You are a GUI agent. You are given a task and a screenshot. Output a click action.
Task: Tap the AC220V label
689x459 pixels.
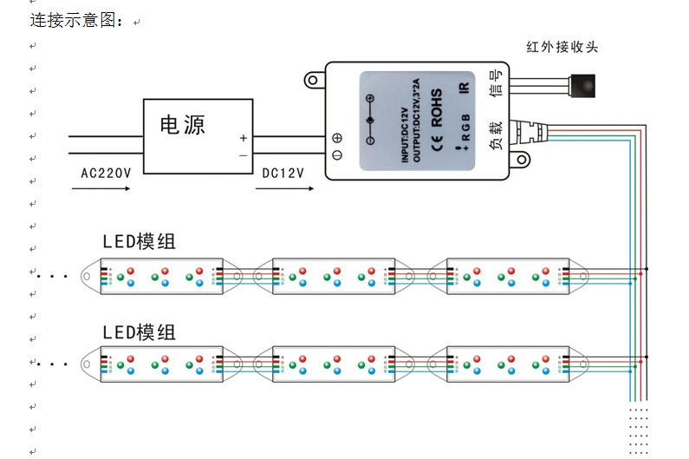tap(106, 173)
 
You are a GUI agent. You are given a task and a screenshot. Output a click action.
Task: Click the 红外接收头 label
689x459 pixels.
tap(562, 47)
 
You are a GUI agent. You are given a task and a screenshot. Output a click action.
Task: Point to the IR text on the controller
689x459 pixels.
tap(464, 89)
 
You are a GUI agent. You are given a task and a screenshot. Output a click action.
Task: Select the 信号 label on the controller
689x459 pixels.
tap(496, 89)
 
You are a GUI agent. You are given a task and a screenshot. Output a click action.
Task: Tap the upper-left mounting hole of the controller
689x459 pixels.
tap(312, 81)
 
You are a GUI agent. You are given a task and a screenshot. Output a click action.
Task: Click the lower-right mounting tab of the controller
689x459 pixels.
tap(522, 160)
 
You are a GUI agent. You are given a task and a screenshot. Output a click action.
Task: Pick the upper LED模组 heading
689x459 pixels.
tap(139, 241)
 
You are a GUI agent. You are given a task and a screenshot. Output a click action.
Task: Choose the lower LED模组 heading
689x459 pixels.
tap(139, 331)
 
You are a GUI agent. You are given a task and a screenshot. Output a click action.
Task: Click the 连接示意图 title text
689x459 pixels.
tap(78, 19)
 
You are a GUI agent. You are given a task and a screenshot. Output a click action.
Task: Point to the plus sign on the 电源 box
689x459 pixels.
tap(244, 138)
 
